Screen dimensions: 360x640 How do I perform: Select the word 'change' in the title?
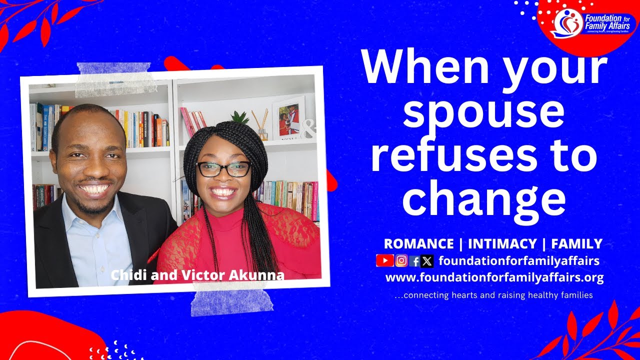tap(483, 198)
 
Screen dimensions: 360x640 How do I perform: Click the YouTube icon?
tap(385, 260)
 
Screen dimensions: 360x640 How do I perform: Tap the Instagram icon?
tap(401, 260)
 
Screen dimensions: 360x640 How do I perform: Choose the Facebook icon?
tap(414, 260)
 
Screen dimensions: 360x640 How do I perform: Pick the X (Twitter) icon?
tap(426, 260)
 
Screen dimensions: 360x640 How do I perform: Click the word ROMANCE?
tap(418, 244)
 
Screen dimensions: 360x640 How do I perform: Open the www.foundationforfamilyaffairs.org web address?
tap(494, 277)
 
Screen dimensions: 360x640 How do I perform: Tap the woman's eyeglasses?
tap(223, 169)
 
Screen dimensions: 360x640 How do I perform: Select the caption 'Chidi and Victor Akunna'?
tap(197, 275)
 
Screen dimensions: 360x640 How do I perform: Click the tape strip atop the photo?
tap(116, 79)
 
